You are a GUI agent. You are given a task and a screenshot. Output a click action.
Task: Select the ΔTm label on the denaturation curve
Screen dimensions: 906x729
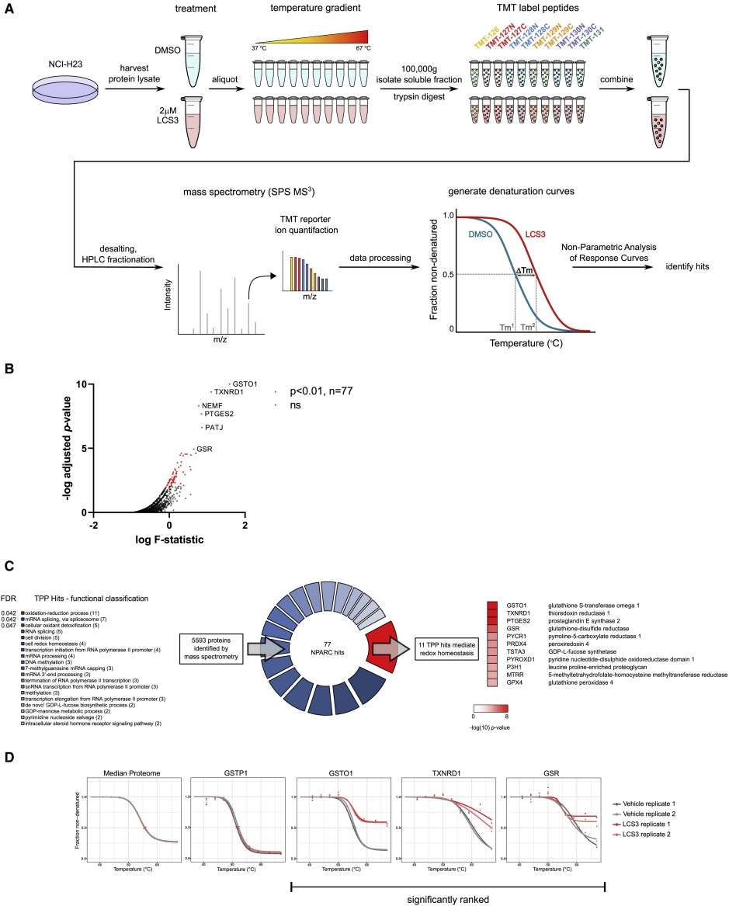coord(525,271)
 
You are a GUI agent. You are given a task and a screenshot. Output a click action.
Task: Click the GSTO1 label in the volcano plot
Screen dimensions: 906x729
coord(245,384)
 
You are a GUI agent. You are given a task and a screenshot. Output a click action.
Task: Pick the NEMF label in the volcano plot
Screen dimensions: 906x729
coord(213,405)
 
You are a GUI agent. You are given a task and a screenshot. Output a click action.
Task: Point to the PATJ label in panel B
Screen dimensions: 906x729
coord(214,427)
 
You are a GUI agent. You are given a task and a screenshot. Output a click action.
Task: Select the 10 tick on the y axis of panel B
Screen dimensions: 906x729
coord(80,384)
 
